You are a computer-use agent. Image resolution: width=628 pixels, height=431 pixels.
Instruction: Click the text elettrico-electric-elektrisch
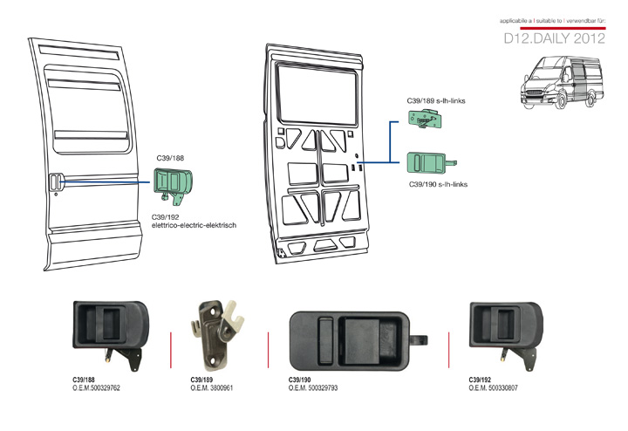[x=194, y=225]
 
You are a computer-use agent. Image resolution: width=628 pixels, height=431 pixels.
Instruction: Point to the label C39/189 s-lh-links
[x=436, y=101]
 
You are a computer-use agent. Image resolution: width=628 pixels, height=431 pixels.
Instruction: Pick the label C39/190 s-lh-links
[x=438, y=184]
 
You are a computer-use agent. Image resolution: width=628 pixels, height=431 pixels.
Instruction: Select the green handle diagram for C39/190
[x=430, y=162]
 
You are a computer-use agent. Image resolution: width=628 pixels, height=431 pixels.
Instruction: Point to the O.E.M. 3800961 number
[x=211, y=387]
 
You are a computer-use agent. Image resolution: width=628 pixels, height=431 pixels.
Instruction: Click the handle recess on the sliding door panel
[x=54, y=181]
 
